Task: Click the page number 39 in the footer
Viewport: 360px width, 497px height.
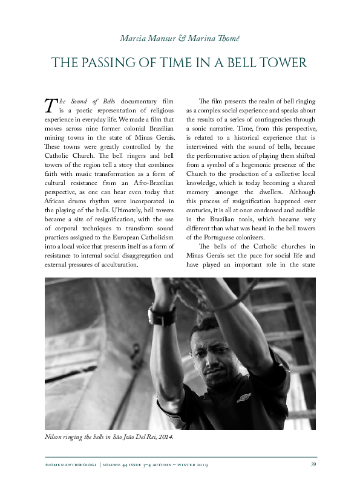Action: [313, 464]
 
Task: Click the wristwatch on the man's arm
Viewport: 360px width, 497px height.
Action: [162, 316]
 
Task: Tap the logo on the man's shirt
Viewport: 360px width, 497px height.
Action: [244, 399]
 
